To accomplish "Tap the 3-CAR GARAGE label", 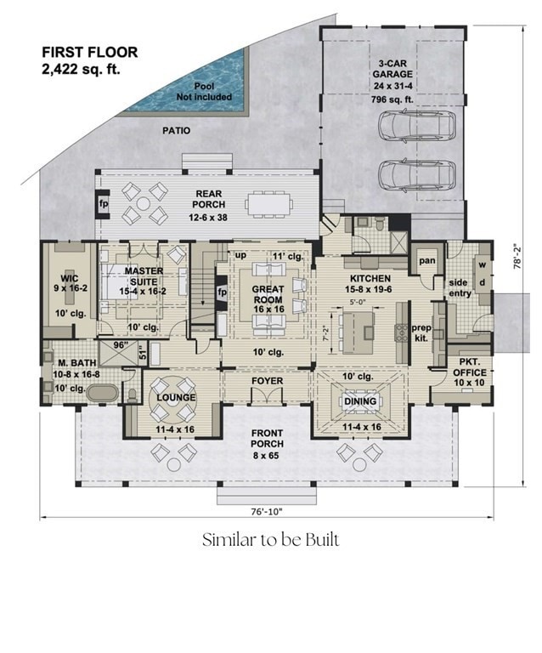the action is coord(392,69).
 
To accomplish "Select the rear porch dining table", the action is coord(268,204).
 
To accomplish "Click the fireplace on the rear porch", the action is coord(102,204).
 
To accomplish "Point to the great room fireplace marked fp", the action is coord(221,292).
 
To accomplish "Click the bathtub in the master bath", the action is coord(102,393).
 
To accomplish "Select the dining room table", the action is coord(360,401).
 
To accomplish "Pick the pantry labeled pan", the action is coord(426,261).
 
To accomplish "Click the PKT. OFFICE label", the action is coord(470,372).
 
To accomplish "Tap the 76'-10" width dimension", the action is coord(267,512).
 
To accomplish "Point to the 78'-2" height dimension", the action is coord(518,255).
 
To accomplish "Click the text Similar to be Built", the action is coord(271,540).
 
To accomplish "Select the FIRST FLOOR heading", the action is coord(90,53).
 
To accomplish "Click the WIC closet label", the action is coord(69,278).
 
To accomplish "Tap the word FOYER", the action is coord(267,381).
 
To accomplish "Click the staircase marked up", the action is coord(202,287).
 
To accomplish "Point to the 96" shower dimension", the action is coord(121,345).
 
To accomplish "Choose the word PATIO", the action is coord(177,131).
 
